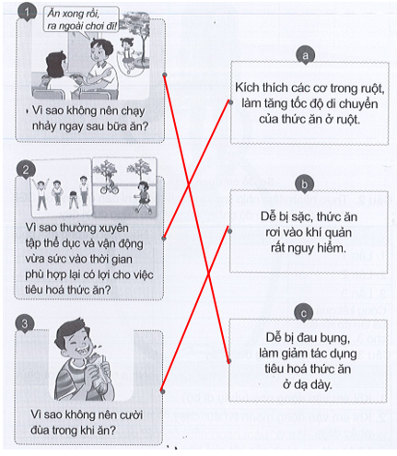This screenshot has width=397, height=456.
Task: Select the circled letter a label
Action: (x=304, y=56)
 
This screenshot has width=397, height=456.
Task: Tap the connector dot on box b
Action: (x=228, y=220)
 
